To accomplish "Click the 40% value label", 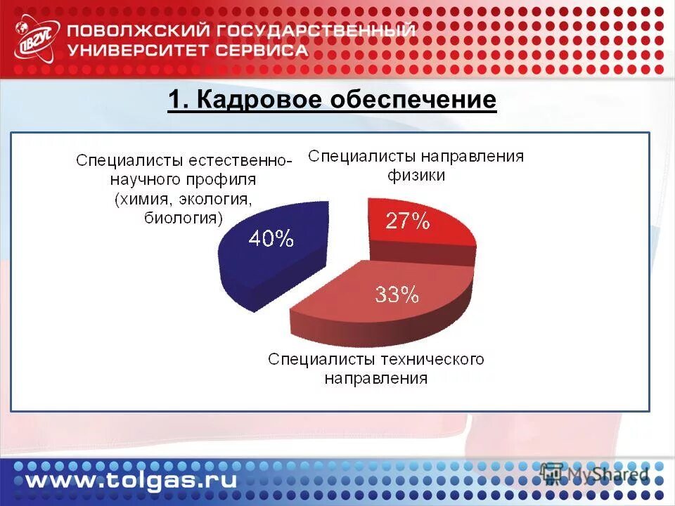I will tap(271, 239).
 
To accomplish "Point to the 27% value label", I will tap(407, 221).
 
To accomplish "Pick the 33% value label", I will tap(397, 295).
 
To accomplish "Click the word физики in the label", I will tap(416, 176).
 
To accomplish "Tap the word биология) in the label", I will tap(184, 218).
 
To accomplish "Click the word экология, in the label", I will tap(212, 199).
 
